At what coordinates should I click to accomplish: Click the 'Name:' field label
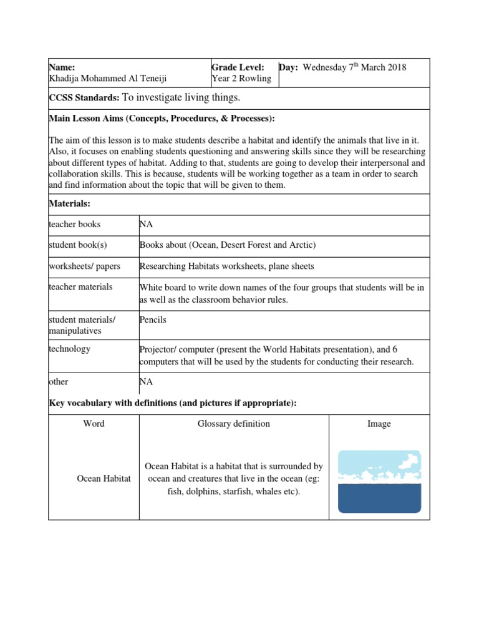pos(62,67)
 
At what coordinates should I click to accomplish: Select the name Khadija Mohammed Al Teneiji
pos(108,78)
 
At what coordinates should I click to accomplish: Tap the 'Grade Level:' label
pos(238,67)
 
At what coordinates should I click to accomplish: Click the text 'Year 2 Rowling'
pos(241,78)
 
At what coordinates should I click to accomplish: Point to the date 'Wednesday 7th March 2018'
pos(354,67)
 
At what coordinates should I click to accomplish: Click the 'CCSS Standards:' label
pos(84,98)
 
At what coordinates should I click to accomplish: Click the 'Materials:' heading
pos(69,203)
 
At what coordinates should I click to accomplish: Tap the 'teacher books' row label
pos(74,224)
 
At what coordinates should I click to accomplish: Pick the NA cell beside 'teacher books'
pos(146,224)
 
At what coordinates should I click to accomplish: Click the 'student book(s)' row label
pos(78,245)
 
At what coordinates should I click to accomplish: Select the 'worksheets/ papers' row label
pos(84,266)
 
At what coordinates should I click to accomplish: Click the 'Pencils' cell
pos(153,320)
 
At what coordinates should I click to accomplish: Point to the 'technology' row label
pos(69,349)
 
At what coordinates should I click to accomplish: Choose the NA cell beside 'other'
pos(146,381)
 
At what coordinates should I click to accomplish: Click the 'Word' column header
pos(94,424)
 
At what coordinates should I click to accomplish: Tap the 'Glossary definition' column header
pos(234,424)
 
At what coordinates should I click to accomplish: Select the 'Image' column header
pos(379,424)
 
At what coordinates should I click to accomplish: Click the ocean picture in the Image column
pos(379,481)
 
